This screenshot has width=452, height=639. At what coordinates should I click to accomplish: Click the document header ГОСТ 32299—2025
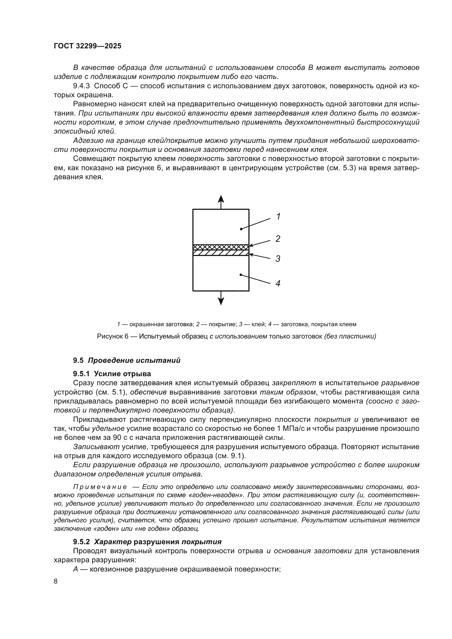(x=87, y=46)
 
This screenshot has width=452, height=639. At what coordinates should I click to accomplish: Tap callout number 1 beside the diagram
(x=278, y=216)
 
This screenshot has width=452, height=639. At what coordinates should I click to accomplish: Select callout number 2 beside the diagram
(x=277, y=238)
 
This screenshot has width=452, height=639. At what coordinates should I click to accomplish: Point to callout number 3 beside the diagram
(x=277, y=258)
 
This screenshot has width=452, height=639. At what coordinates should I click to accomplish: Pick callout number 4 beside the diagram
(x=277, y=284)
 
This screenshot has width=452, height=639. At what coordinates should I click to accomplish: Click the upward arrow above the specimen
(x=221, y=201)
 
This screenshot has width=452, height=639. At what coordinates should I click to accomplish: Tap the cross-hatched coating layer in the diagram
(x=221, y=247)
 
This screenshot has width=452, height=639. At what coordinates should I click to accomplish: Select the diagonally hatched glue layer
(x=221, y=253)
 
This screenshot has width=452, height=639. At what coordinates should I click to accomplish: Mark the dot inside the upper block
(x=241, y=229)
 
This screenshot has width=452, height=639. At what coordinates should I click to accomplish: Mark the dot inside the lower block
(x=241, y=275)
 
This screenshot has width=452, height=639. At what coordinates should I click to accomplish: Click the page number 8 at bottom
(x=56, y=581)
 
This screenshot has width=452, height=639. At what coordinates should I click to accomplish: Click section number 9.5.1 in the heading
(x=81, y=374)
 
